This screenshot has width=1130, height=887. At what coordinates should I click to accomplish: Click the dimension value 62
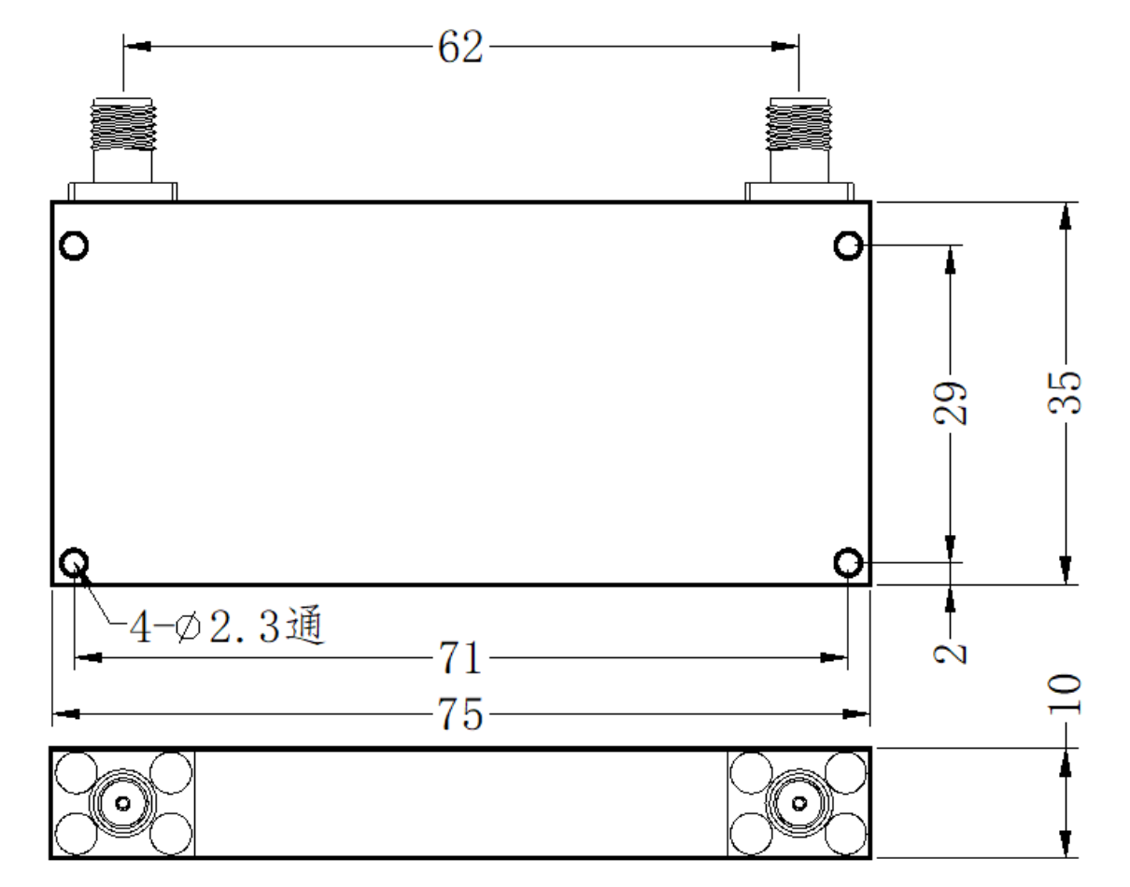point(460,47)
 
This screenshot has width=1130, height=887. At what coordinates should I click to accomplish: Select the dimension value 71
point(460,657)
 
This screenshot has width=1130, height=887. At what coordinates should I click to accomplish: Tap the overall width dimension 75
point(460,714)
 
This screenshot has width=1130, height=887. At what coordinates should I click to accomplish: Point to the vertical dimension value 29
point(950,403)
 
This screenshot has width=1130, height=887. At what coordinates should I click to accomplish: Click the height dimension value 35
point(1065,393)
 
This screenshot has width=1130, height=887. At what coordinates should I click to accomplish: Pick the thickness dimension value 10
point(1065,694)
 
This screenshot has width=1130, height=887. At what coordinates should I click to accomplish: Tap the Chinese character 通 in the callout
point(305,625)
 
